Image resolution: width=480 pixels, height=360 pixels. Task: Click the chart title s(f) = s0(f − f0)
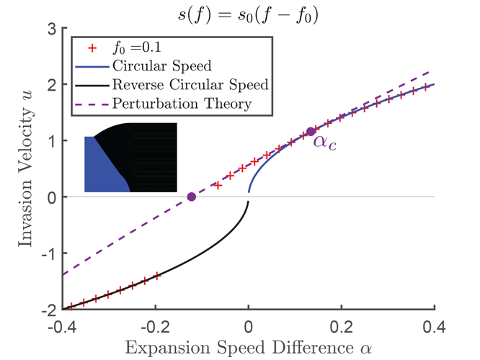click(x=248, y=12)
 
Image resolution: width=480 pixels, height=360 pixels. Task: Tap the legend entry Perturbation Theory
click(x=181, y=104)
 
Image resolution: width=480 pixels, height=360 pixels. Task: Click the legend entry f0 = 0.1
click(x=133, y=48)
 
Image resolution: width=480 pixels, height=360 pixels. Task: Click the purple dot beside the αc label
click(x=311, y=132)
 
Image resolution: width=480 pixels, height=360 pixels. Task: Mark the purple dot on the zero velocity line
click(x=191, y=197)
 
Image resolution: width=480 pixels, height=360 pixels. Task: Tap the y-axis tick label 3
click(x=50, y=29)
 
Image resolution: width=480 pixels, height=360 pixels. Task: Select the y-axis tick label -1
click(x=48, y=253)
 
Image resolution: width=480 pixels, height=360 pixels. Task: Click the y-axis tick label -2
click(x=48, y=310)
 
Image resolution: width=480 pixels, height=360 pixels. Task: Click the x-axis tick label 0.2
click(x=342, y=324)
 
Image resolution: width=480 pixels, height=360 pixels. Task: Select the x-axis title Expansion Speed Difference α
click(x=248, y=347)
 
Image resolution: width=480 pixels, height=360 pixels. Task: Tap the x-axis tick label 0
click(x=249, y=324)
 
